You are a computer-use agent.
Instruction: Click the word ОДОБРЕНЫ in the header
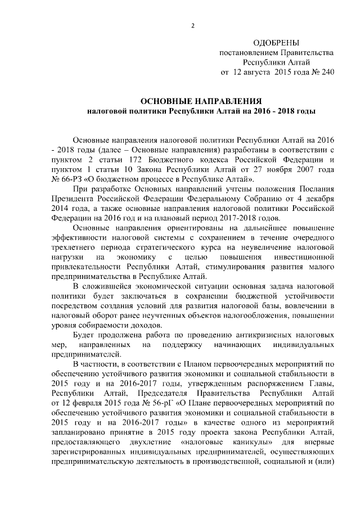coord(276,43)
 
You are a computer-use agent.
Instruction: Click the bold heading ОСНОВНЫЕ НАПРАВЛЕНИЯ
coord(200,101)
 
